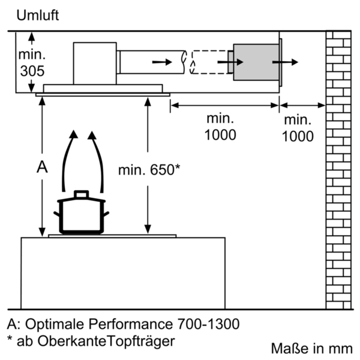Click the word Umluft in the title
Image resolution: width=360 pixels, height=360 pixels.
click(37, 16)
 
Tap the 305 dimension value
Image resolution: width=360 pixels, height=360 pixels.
click(32, 71)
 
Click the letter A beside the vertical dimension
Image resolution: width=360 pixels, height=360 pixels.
click(41, 167)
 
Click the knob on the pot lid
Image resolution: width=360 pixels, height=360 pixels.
click(80, 194)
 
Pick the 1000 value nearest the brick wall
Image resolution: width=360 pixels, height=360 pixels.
click(298, 136)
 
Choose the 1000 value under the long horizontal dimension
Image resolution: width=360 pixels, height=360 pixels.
click(220, 135)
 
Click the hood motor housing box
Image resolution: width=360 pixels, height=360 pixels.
click(95, 63)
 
